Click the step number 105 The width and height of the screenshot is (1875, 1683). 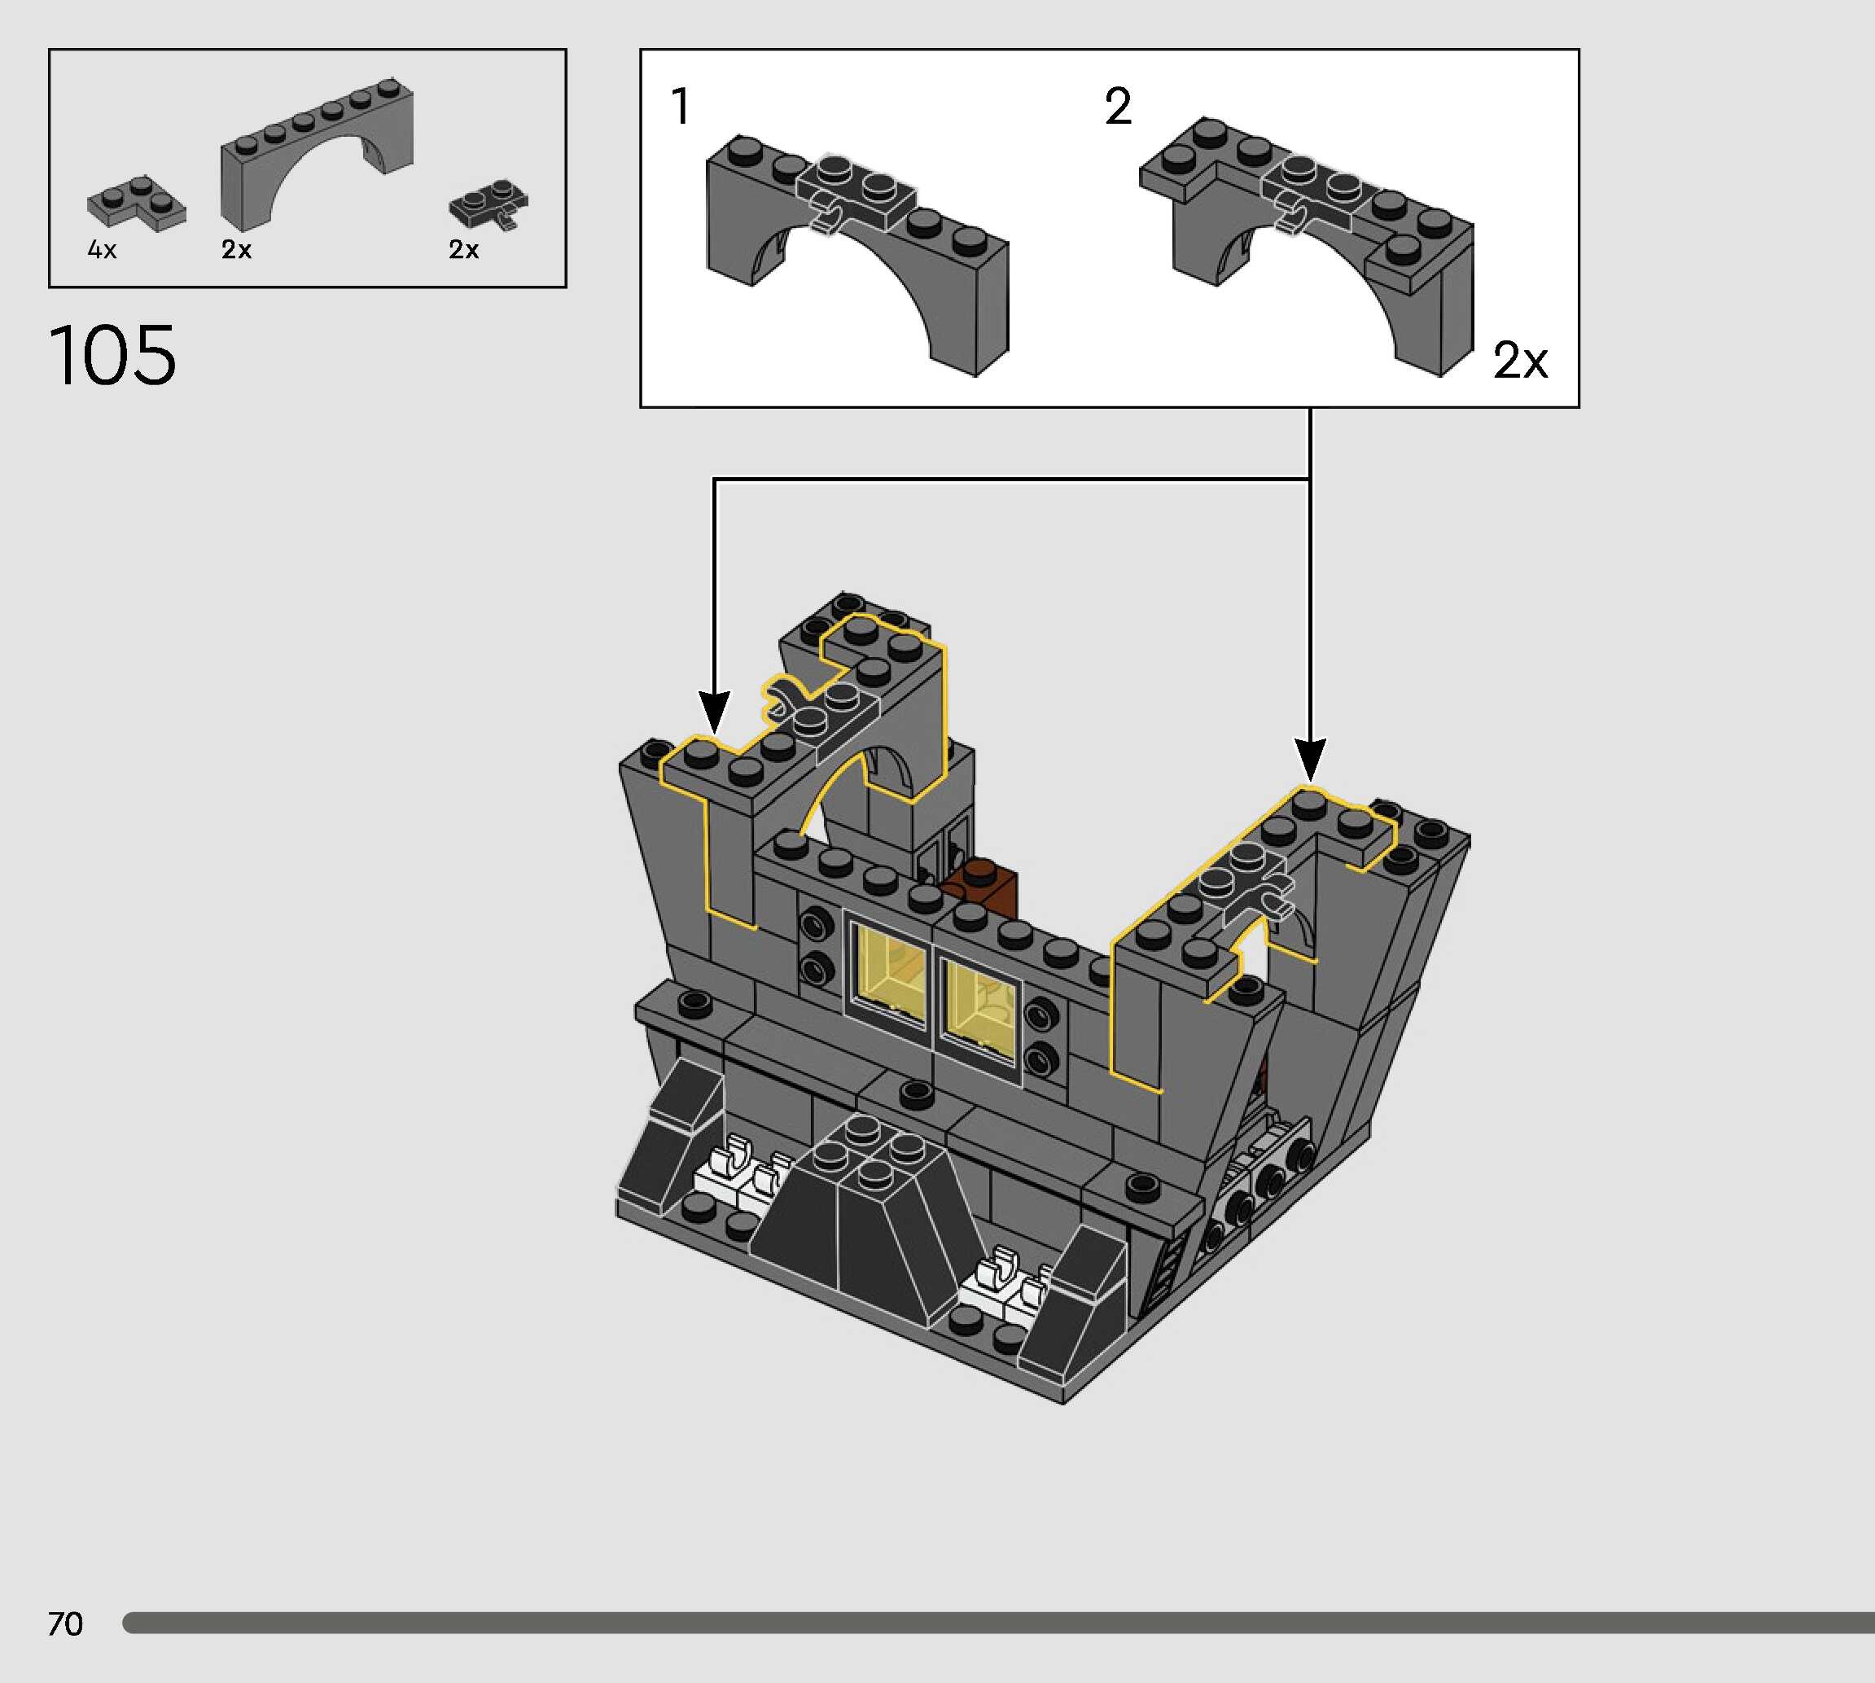pos(112,355)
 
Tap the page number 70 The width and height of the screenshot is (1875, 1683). pos(64,1624)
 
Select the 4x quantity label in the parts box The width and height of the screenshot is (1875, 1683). pos(102,250)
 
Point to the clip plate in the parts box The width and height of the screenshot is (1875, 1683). pos(488,204)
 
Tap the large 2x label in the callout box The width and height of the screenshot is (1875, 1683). pos(1520,360)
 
